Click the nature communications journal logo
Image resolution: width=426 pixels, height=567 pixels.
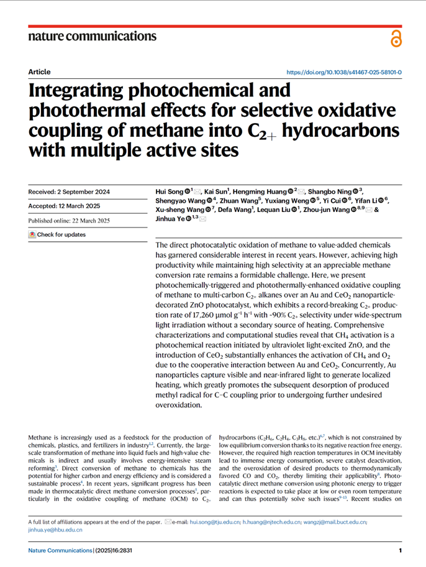(x=93, y=36)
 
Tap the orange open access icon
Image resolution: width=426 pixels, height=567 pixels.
(x=396, y=38)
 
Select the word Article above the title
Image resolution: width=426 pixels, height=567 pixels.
(x=40, y=72)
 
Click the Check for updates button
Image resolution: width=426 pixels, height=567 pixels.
(x=57, y=235)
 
